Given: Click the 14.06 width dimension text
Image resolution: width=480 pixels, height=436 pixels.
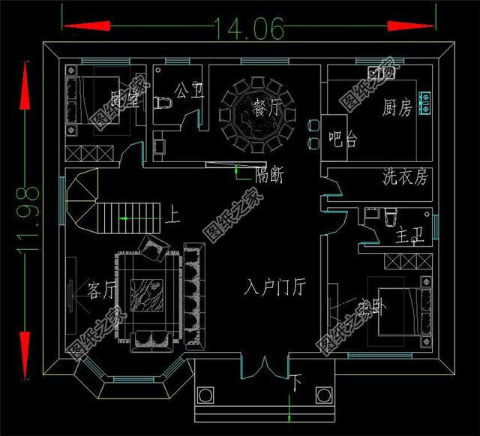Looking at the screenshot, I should (241, 29).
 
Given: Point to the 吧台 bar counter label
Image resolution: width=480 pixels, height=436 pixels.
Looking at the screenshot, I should (343, 140).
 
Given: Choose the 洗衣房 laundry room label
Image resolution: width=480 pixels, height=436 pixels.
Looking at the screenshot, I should (405, 177).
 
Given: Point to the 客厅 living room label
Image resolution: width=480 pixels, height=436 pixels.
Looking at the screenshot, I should (102, 289).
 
